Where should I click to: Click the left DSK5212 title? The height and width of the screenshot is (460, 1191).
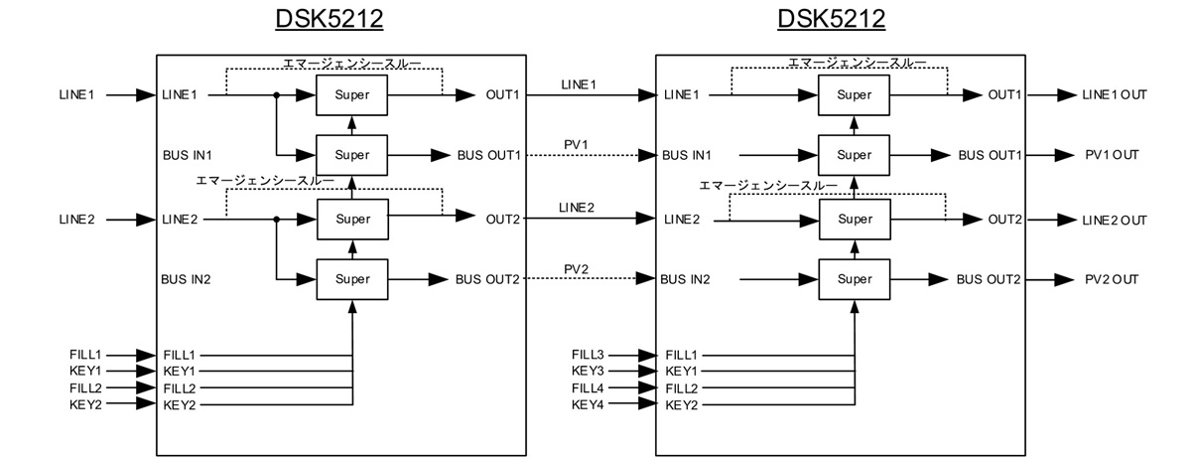click(x=330, y=19)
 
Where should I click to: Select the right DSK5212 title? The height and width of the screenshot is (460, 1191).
click(x=831, y=19)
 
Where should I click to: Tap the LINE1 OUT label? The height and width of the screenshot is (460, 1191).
click(x=1115, y=94)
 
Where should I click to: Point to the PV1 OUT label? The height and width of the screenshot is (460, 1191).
click(x=1112, y=155)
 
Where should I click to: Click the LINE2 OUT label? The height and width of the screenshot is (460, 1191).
click(x=1115, y=220)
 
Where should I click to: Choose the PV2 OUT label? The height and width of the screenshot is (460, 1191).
click(x=1112, y=279)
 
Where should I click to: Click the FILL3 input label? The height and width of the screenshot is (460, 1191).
click(x=588, y=355)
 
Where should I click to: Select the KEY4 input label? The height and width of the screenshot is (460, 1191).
click(x=588, y=404)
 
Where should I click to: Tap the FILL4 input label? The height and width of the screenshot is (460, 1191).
click(x=588, y=388)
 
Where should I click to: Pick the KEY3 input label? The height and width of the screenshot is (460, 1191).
click(x=588, y=372)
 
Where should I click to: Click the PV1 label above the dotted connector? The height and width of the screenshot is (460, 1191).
click(x=576, y=145)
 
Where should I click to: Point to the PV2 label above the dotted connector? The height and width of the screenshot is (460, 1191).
click(x=576, y=269)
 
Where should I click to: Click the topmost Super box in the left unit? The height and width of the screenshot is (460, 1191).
click(x=351, y=95)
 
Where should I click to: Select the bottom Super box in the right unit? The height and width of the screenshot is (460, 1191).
click(x=855, y=279)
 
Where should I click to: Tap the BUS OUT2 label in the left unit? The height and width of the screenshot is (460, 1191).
click(x=487, y=279)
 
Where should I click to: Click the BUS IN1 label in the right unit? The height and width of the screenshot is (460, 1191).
click(x=687, y=155)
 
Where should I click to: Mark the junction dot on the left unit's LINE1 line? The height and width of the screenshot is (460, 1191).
click(x=277, y=95)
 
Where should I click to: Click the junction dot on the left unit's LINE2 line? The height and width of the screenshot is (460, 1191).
click(x=277, y=220)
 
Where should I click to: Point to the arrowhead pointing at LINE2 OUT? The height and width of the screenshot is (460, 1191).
click(x=1067, y=220)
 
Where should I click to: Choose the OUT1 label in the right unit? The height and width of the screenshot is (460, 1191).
click(x=1004, y=94)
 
